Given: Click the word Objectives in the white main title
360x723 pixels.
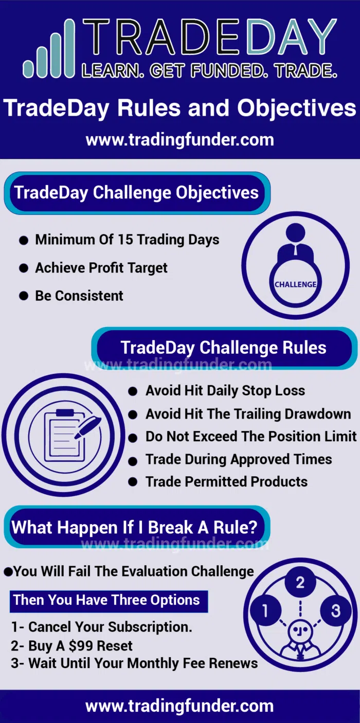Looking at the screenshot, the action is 297,109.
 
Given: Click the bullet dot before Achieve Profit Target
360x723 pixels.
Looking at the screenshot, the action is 24,268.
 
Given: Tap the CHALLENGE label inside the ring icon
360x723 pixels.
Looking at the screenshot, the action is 295,284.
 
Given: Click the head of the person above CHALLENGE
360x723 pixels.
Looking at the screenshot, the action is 295,232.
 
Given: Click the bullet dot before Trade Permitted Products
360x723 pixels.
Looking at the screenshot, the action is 133,482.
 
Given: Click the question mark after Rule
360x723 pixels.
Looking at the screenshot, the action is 252,528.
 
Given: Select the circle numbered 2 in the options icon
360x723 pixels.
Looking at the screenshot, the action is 300,583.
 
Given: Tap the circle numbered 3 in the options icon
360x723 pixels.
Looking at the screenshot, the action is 335,611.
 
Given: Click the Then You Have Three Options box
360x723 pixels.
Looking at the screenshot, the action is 109,601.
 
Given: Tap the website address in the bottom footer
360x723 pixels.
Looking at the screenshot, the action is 179,706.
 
